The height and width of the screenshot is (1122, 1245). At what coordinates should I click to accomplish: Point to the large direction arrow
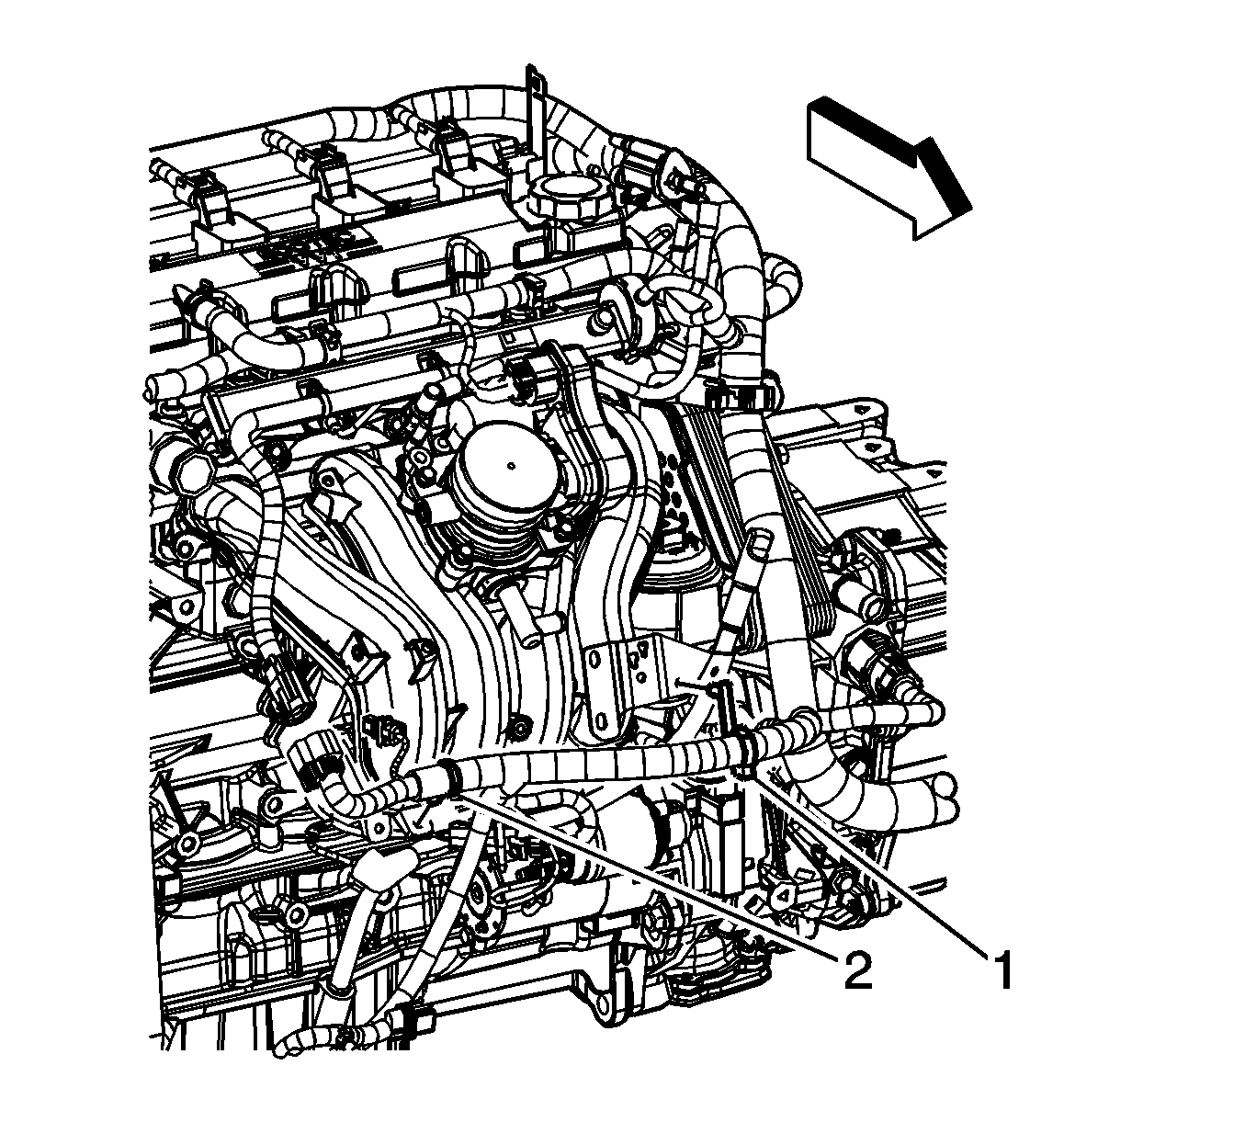tap(888, 166)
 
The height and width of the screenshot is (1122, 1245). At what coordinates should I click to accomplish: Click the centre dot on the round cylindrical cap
tap(510, 463)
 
